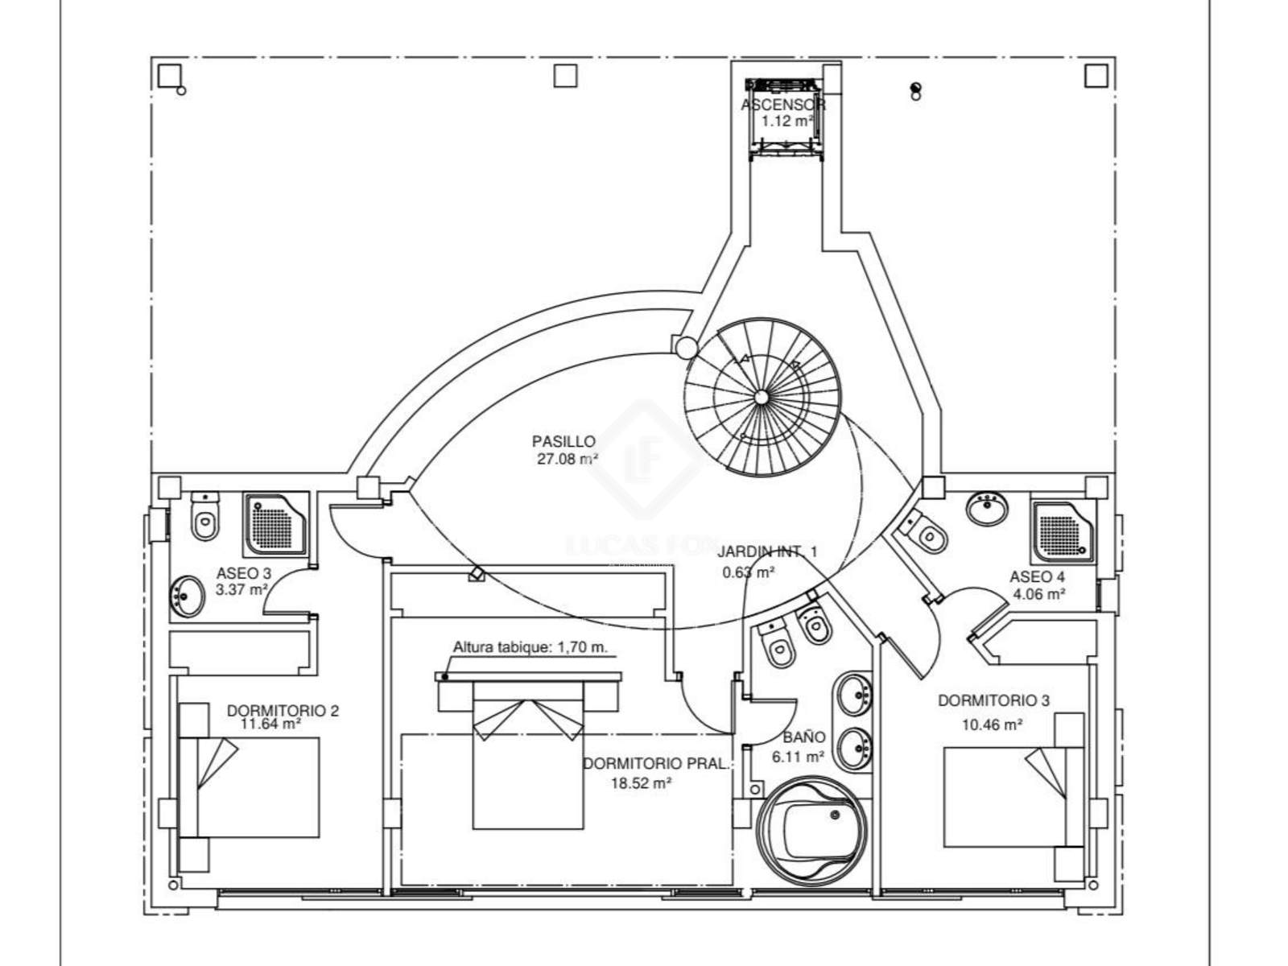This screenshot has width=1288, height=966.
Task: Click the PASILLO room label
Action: [563, 441]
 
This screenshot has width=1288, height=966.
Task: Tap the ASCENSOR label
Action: [782, 105]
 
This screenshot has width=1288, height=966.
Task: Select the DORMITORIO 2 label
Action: [283, 711]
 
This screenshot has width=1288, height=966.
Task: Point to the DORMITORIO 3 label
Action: [993, 700]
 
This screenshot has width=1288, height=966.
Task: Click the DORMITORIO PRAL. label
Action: [655, 764]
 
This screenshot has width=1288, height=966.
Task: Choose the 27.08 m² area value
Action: [568, 460]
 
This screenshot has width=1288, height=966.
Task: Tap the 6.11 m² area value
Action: [797, 757]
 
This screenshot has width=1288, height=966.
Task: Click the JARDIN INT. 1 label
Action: [767, 551]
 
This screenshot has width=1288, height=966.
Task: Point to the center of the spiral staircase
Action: [761, 396]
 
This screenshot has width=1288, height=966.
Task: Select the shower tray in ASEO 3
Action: [276, 524]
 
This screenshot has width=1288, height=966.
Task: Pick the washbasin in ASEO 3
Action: [188, 596]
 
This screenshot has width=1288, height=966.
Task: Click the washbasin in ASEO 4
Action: [987, 509]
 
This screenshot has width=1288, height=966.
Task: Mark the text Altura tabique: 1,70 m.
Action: [530, 647]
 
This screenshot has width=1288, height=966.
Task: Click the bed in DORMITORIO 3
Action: [1006, 797]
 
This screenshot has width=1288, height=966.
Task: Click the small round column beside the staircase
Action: [685, 347]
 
